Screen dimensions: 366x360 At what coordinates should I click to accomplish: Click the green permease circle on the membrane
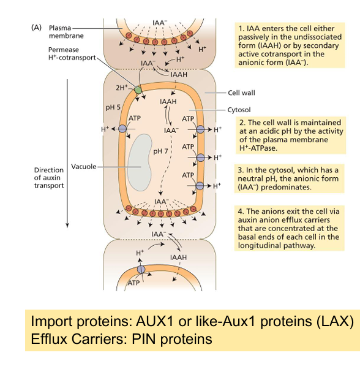pos(138,90)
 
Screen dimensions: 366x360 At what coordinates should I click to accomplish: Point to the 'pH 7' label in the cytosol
pos(161,151)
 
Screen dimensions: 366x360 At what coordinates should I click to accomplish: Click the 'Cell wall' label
pos(241,93)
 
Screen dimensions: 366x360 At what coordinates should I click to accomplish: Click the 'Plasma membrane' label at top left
pos(64,31)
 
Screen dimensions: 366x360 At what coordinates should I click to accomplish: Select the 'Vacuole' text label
pos(83,166)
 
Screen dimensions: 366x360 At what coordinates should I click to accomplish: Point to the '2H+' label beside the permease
pos(122,88)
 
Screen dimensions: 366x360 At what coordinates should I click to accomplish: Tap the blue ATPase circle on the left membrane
pos(122,129)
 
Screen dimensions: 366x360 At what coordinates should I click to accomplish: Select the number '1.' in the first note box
pos(241,28)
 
